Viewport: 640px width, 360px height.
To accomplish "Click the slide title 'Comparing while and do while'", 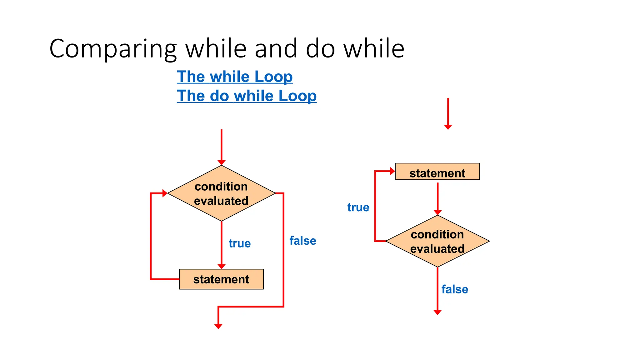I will (x=227, y=49).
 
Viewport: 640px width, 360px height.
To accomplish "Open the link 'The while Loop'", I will (x=235, y=77).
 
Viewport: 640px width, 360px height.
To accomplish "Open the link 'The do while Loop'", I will (x=247, y=96).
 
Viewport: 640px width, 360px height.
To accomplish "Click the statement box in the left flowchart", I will (x=221, y=279).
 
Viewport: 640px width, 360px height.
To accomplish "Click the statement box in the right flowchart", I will (x=437, y=172).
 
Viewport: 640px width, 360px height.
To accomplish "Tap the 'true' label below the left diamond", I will (x=240, y=243).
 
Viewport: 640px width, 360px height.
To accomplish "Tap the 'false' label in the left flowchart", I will (x=303, y=241).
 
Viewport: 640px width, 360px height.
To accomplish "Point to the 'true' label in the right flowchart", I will (x=358, y=207).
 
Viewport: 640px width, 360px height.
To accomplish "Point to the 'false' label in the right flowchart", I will (x=455, y=289).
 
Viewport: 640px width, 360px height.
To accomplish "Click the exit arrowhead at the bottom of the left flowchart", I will (x=218, y=326).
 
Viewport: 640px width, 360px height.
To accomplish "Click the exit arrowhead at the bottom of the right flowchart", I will (x=437, y=312).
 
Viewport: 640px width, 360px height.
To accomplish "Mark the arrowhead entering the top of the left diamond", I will (x=222, y=162).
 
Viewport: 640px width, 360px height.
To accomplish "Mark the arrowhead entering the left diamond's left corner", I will (x=165, y=193).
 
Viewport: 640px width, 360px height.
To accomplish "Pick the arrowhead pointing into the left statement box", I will (x=222, y=266).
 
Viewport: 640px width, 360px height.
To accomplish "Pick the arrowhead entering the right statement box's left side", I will (x=392, y=171).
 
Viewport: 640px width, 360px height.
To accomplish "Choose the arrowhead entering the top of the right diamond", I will (x=437, y=212).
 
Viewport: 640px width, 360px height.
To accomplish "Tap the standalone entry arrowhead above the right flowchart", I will (x=448, y=127).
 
